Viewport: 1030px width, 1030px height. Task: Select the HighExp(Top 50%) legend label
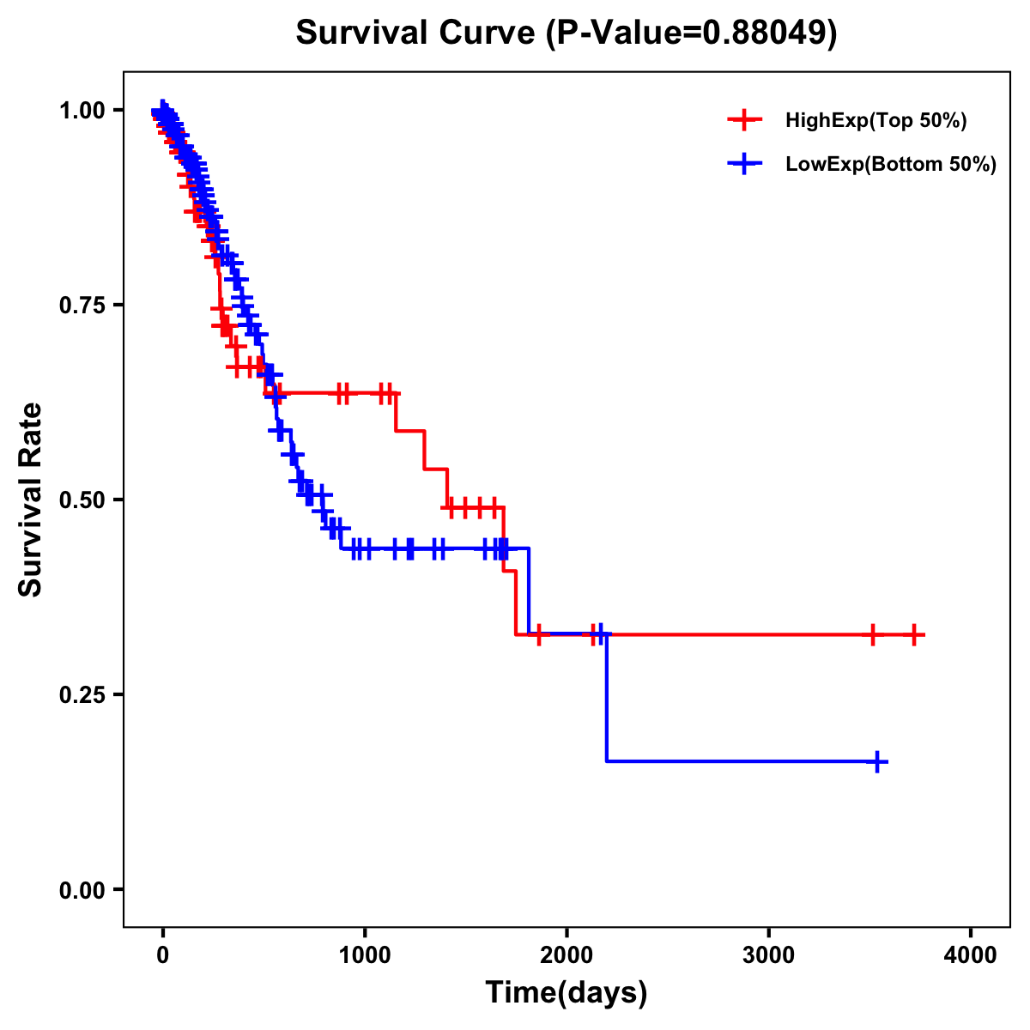pos(875,121)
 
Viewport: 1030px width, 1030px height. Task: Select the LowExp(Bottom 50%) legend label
pos(891,165)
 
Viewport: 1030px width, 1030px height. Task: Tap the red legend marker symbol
pos(744,121)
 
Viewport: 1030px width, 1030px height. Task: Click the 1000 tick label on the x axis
pos(365,955)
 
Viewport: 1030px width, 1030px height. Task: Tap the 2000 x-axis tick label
pos(566,955)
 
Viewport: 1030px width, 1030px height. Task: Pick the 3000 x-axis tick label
pos(768,955)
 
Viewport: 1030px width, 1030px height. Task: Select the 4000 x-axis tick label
pos(971,955)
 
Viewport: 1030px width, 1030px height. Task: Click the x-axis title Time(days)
pos(566,993)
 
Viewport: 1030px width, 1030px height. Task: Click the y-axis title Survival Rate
pos(31,500)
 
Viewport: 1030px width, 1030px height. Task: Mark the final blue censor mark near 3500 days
pos(877,761)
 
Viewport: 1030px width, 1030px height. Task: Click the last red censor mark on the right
pos(914,635)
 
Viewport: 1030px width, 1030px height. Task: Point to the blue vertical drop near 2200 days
pos(606,700)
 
